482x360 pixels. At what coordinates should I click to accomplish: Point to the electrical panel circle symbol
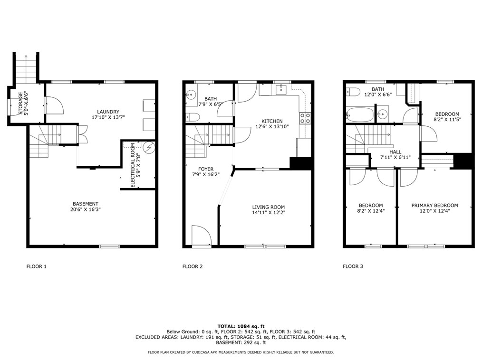(149, 147)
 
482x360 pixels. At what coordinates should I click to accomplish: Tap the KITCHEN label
(272, 122)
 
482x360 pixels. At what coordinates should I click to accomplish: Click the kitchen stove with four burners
(304, 118)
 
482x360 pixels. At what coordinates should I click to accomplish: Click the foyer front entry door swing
(200, 236)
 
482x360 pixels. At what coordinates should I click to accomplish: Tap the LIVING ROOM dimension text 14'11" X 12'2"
(268, 213)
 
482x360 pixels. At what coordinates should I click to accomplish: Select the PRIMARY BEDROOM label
(434, 206)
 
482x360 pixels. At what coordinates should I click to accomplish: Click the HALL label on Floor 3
(395, 152)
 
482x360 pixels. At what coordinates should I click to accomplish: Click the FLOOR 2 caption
(193, 266)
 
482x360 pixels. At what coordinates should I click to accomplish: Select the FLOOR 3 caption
(353, 266)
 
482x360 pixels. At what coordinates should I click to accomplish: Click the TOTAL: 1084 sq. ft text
(241, 326)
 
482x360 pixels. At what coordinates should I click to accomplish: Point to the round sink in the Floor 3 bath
(382, 114)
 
